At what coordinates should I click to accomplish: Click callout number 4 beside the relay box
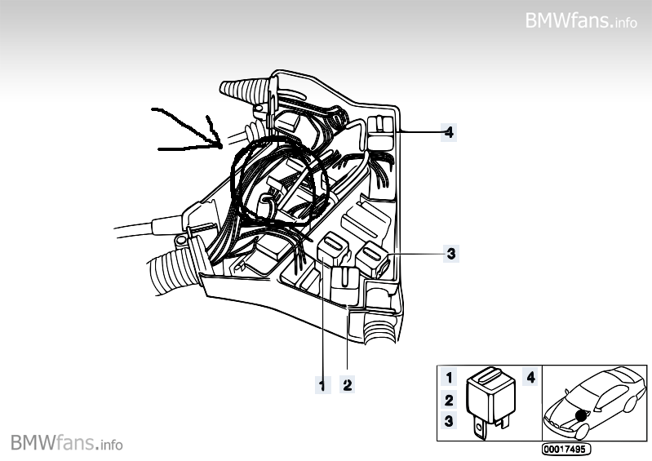448,131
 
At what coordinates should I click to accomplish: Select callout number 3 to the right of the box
450,253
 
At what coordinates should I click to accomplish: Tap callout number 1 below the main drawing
322,383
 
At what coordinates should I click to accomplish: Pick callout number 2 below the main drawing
348,383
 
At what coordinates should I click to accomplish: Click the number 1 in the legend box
448,378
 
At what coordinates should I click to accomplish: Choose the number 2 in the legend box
448,400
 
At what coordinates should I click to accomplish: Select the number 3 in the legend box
448,421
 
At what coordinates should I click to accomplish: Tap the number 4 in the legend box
530,378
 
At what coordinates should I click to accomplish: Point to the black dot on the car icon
580,415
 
